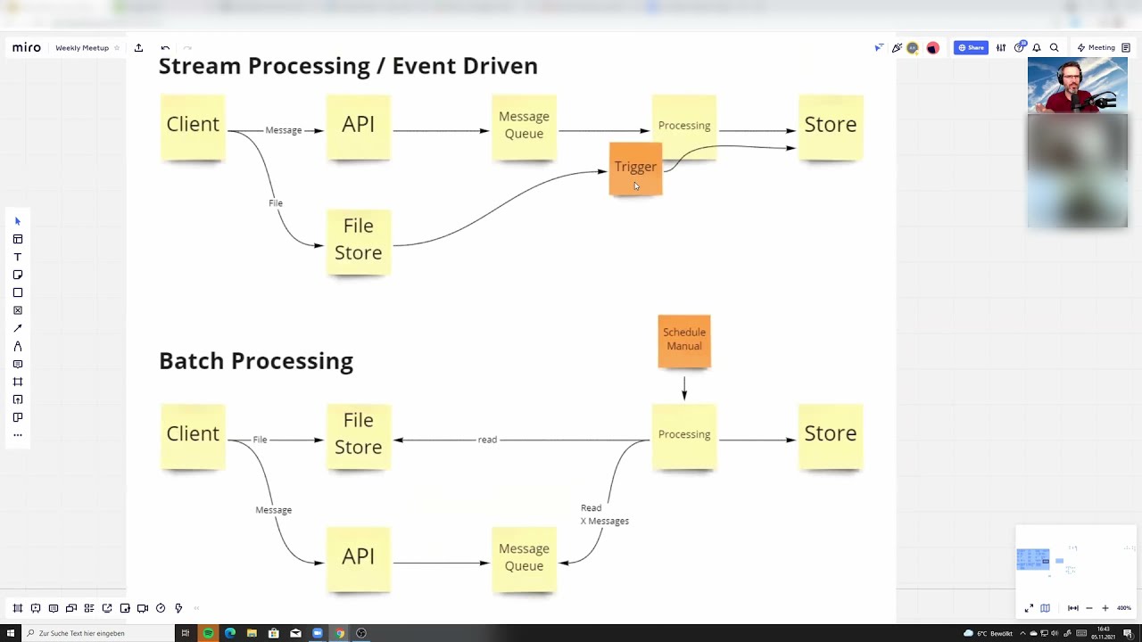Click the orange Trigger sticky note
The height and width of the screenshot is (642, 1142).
[x=635, y=168]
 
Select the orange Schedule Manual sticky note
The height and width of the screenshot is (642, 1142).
[x=684, y=340]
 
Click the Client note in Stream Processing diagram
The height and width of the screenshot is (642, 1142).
[x=193, y=126]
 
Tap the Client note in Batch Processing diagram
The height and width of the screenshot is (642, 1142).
[x=193, y=435]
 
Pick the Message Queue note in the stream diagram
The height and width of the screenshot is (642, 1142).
[x=524, y=127]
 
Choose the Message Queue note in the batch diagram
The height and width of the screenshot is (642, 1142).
[x=524, y=558]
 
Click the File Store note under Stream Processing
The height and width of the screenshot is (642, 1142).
[x=358, y=241]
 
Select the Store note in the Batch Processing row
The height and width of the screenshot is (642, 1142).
[x=830, y=435]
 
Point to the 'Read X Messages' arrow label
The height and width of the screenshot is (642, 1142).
[x=604, y=514]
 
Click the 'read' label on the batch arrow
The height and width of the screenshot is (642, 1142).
[x=487, y=440]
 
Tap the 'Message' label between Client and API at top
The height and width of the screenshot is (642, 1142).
[x=284, y=130]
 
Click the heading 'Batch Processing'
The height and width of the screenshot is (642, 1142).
[x=256, y=361]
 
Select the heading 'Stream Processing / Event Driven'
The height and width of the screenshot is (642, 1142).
[x=348, y=66]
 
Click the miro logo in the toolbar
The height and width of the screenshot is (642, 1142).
[x=27, y=47]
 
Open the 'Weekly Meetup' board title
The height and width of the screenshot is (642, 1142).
[x=82, y=48]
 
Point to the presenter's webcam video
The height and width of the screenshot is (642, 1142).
[x=1077, y=86]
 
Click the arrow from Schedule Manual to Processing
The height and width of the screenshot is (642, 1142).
[x=684, y=388]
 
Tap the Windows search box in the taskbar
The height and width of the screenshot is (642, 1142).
[x=89, y=633]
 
